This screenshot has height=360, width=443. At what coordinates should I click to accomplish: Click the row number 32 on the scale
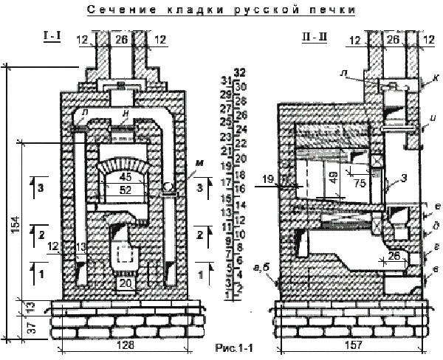coord(238,72)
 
